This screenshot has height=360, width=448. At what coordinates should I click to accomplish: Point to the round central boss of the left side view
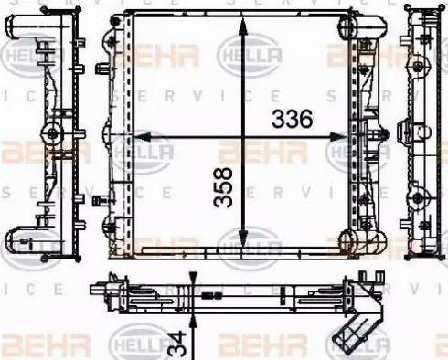[x=53, y=134]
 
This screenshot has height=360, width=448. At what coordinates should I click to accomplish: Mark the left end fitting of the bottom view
[x=100, y=290]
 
